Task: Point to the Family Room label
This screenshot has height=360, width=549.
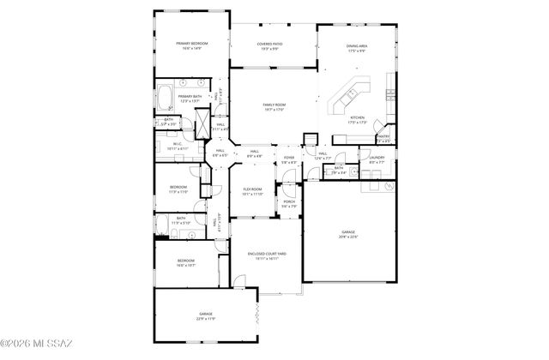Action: tap(274, 105)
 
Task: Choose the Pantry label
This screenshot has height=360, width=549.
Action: tap(383, 136)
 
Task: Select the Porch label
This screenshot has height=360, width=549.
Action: tap(290, 202)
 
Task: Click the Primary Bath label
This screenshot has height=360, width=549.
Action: tap(190, 97)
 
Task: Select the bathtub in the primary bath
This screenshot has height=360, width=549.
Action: tap(165, 97)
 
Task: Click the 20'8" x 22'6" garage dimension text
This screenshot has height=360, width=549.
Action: tap(348, 237)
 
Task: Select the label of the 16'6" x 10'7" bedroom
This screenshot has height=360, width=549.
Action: tap(186, 261)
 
